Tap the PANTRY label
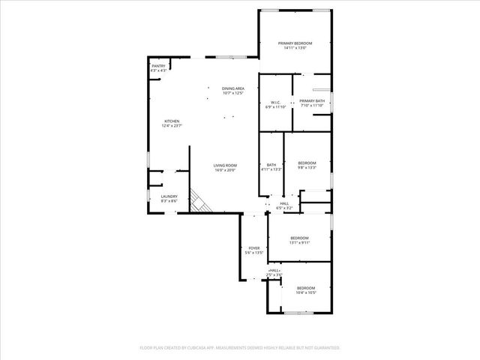[x=158, y=66]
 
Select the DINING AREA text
[x=233, y=88]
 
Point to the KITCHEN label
[x=172, y=121]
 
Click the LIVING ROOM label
[x=225, y=166]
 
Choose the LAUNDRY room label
[x=169, y=196]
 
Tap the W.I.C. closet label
[x=275, y=101]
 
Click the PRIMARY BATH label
[x=312, y=101]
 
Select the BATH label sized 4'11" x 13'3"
[x=271, y=165]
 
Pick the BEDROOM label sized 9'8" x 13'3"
[x=307, y=163]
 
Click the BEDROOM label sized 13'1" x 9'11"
[x=300, y=238]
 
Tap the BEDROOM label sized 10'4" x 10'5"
[x=306, y=288]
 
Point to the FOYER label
[x=253, y=248]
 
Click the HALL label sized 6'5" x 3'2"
[x=284, y=203]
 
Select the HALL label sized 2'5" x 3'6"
[x=274, y=270]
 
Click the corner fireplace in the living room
[x=199, y=202]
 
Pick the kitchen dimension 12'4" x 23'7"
[x=172, y=126]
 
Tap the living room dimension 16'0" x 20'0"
[x=225, y=170]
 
